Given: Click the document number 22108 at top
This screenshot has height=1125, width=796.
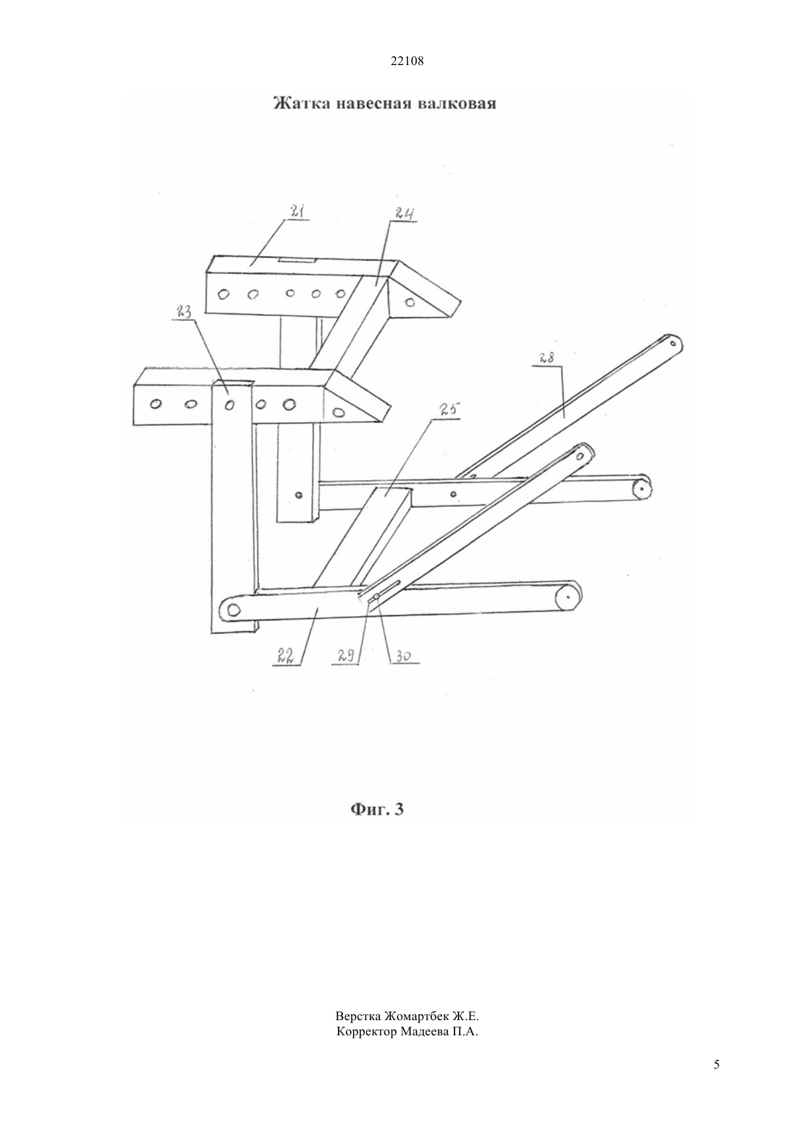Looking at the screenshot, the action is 407,61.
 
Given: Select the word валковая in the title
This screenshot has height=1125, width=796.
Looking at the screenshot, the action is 457,103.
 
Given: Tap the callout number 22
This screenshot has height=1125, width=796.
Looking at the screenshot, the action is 284,655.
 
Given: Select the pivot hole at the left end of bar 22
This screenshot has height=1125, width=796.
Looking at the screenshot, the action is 233,609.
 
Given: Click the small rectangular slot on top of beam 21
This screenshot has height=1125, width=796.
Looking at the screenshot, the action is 296,260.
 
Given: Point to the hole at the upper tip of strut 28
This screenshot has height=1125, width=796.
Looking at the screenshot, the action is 672,343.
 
